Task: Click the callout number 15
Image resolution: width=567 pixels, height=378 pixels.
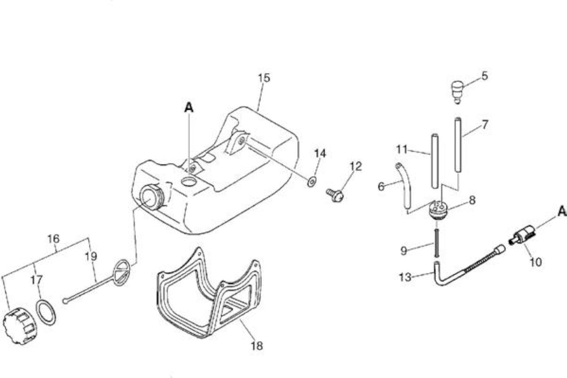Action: pyautogui.click(x=264, y=78)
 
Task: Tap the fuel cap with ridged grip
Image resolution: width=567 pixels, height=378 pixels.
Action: pyautogui.click(x=19, y=326)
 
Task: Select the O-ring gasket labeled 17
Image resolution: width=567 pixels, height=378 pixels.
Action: pyautogui.click(x=46, y=312)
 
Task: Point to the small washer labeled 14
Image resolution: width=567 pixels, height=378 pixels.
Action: pyautogui.click(x=311, y=181)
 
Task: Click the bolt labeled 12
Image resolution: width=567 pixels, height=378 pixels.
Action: pyautogui.click(x=335, y=195)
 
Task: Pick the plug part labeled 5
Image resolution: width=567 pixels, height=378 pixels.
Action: pyautogui.click(x=458, y=92)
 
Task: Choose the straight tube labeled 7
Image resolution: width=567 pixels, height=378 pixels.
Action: pyautogui.click(x=458, y=145)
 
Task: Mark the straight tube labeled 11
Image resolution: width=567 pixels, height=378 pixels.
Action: pyautogui.click(x=435, y=161)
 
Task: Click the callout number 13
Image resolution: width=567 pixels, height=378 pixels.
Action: pyautogui.click(x=405, y=277)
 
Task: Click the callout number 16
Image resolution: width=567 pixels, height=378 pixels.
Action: pyautogui.click(x=54, y=238)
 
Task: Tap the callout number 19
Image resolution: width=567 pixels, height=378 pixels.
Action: pyautogui.click(x=91, y=257)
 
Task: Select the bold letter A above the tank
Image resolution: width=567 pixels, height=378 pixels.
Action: pyautogui.click(x=189, y=107)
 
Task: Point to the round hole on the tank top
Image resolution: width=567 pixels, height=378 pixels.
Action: pyautogui.click(x=189, y=182)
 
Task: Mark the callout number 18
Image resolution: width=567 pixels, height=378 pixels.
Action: pyautogui.click(x=256, y=346)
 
